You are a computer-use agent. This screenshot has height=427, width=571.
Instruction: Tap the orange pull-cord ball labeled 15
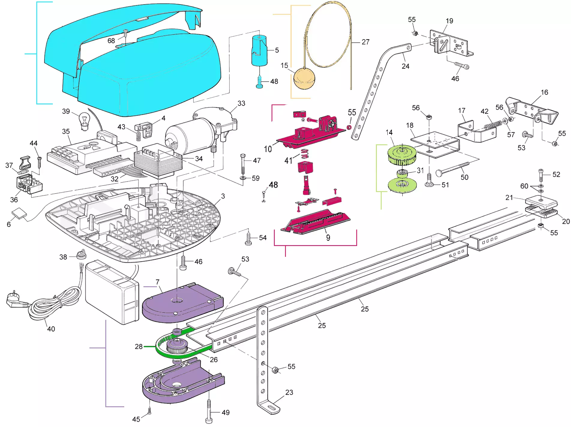pyautogui.click(x=304, y=78)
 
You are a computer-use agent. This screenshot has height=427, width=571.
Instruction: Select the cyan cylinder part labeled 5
pyautogui.click(x=259, y=50)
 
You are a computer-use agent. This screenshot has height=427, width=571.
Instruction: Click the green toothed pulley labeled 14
pyautogui.click(x=402, y=155)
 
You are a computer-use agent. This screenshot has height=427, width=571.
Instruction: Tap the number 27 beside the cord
pyautogui.click(x=365, y=42)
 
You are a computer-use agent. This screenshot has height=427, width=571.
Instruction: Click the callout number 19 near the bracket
pyautogui.click(x=449, y=21)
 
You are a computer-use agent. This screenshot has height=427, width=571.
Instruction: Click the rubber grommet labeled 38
pyautogui.click(x=81, y=254)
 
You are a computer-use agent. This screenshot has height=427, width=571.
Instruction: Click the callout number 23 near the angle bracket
pyautogui.click(x=289, y=392)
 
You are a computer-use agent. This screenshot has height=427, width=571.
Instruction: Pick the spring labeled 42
pyautogui.click(x=492, y=124)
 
